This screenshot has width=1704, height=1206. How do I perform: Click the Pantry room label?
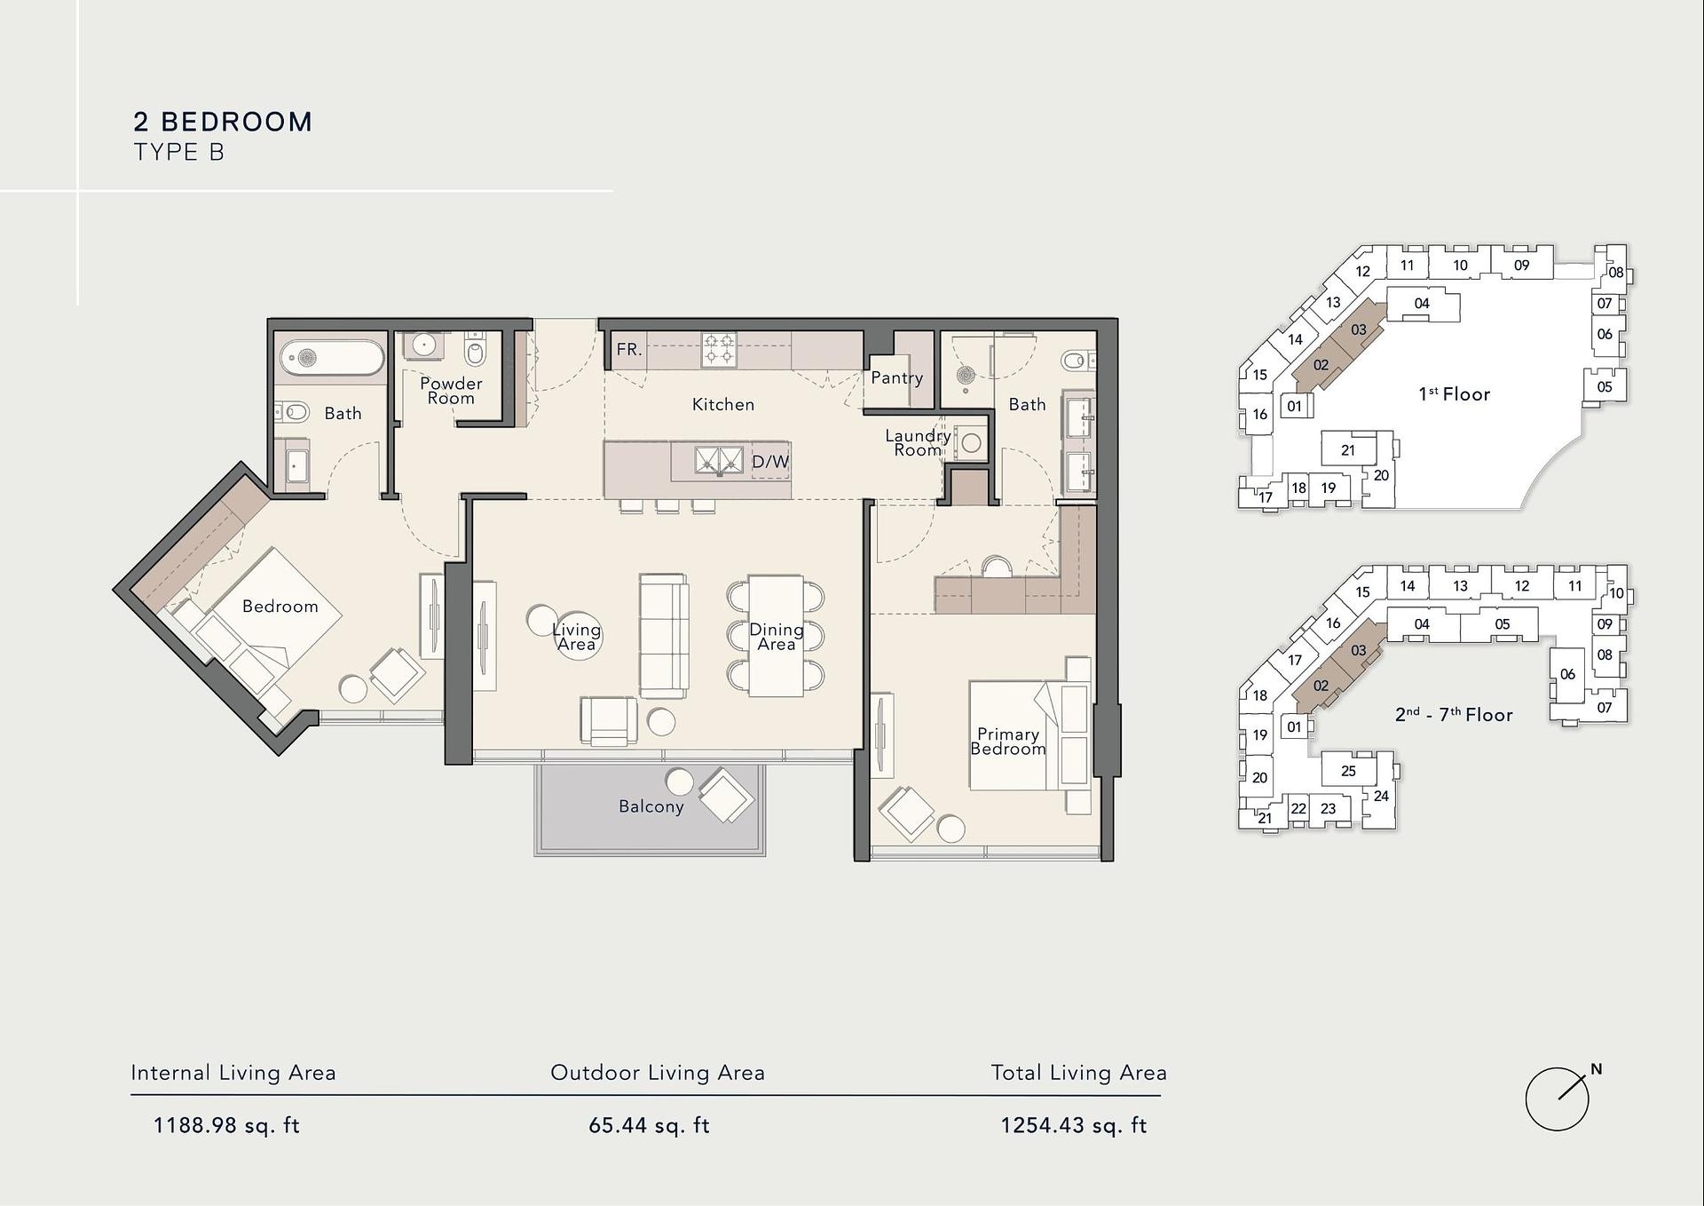tap(896, 377)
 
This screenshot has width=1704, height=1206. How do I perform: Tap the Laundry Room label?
tap(918, 442)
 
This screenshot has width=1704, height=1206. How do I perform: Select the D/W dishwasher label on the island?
tap(769, 462)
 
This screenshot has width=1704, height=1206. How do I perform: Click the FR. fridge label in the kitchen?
tap(628, 350)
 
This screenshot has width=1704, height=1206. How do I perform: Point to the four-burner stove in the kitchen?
tap(719, 349)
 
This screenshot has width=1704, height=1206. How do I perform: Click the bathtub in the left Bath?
tap(332, 358)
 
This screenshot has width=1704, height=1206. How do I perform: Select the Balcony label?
tap(651, 806)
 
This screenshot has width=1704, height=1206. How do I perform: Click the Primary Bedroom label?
tap(1008, 742)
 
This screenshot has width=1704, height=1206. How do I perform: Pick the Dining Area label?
tap(777, 637)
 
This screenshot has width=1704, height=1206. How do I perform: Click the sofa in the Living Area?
tap(664, 635)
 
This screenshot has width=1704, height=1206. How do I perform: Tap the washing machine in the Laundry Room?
tap(971, 442)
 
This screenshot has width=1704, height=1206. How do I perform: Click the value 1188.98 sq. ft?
tap(226, 1126)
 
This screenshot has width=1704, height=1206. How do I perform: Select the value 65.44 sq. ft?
tap(649, 1126)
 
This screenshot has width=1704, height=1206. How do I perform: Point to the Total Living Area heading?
tap(1078, 1073)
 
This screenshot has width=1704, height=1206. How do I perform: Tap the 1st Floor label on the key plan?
tap(1454, 394)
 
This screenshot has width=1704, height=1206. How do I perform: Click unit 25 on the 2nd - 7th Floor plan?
tap(1348, 771)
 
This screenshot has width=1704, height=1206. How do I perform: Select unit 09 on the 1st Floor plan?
tap(1521, 265)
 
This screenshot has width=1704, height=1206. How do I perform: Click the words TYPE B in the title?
tap(179, 153)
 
